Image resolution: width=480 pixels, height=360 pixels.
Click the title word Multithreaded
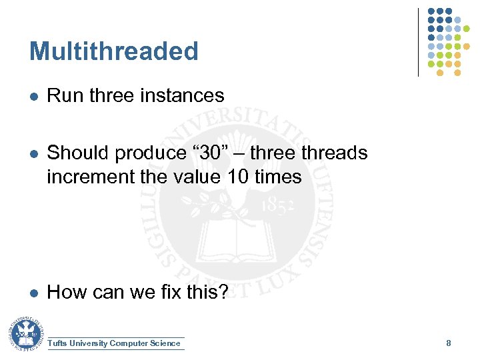[114, 51]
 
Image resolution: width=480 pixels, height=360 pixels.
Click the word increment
[88, 177]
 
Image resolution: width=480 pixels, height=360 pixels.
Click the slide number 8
[449, 343]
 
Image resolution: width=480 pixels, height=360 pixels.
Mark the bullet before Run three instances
[33, 97]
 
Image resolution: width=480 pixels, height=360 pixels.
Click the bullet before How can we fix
[33, 293]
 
